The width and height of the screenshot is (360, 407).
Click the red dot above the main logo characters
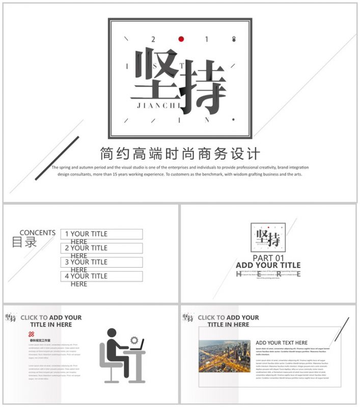point(180,39)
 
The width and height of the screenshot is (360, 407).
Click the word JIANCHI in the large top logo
point(159,105)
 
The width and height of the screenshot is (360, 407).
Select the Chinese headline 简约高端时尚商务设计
point(180,154)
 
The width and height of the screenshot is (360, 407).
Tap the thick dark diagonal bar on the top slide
point(57,158)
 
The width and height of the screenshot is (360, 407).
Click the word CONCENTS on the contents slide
point(38,232)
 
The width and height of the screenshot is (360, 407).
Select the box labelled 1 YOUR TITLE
point(101,234)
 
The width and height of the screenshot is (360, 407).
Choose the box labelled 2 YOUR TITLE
point(101,248)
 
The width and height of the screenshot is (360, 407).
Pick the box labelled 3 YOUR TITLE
point(101,263)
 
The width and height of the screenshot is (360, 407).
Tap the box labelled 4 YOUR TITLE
point(101,276)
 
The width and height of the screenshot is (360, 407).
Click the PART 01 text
point(268,258)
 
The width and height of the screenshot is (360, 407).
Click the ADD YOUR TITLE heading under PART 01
point(268,265)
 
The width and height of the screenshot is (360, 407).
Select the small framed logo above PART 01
point(268,237)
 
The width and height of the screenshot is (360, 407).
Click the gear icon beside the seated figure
point(134,340)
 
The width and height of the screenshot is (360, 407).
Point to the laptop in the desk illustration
point(136,347)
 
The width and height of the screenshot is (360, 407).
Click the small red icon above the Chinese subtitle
point(32,334)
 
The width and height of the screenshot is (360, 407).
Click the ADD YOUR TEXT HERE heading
point(282,343)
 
